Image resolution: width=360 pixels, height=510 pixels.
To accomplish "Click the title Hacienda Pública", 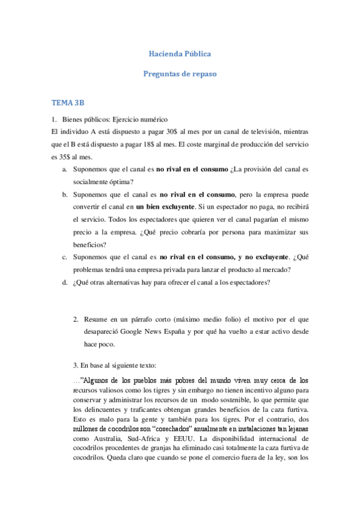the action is coord(180,54).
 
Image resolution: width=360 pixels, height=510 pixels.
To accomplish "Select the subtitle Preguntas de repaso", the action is coord(180,74).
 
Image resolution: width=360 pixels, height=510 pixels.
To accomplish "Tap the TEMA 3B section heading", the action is coord(68,103).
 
